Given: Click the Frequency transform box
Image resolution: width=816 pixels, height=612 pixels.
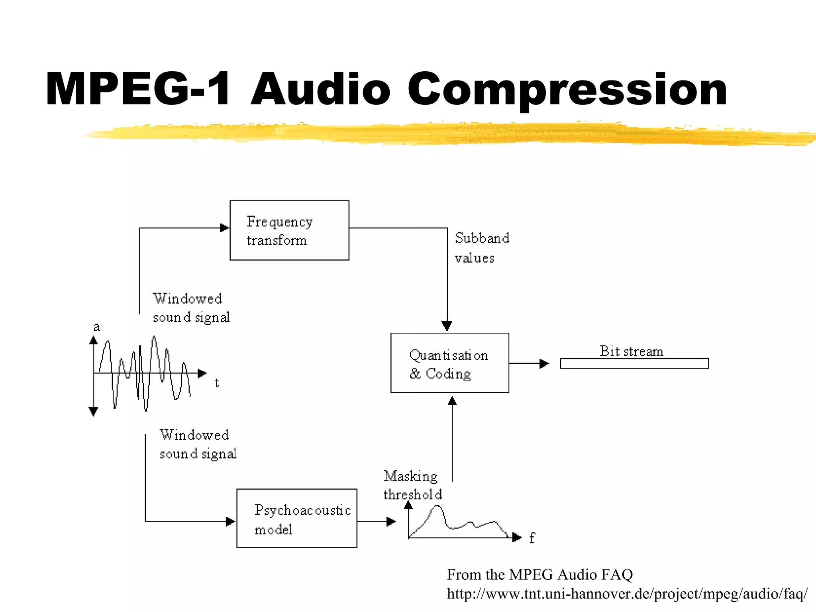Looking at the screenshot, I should (x=289, y=230).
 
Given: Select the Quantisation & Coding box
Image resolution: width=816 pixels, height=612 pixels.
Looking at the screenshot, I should (x=449, y=363).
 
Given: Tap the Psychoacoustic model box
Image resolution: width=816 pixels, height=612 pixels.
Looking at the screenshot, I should (x=296, y=518).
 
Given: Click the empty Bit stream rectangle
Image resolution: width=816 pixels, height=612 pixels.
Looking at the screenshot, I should (x=634, y=363).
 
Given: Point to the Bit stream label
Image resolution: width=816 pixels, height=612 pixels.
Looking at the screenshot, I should (x=631, y=351).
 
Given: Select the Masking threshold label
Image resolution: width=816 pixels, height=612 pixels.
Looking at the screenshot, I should (x=412, y=485).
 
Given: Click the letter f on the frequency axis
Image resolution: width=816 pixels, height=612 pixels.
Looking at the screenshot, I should (x=532, y=538).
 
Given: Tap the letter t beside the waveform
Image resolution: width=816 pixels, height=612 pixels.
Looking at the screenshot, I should (x=217, y=383).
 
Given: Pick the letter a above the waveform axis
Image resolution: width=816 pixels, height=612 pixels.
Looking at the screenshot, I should (x=96, y=327).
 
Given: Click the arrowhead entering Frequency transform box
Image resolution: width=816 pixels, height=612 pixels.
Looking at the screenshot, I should (x=225, y=228).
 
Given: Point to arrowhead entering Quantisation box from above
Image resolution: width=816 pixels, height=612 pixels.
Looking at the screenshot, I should (x=447, y=326).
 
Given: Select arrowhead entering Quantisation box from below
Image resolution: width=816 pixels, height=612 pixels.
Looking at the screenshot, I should (x=452, y=401).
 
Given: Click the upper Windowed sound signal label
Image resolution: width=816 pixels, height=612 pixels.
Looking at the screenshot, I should (x=190, y=308).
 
